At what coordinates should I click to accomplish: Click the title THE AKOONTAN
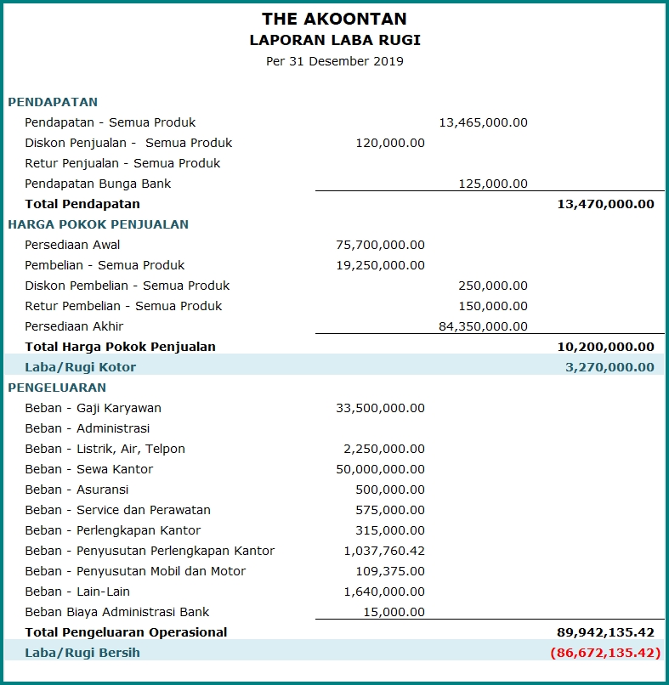(334, 19)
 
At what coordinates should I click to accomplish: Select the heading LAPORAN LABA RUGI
(335, 40)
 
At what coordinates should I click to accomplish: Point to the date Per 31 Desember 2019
(335, 61)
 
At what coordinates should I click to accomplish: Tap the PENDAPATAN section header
(53, 102)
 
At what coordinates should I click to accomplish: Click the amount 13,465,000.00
(483, 122)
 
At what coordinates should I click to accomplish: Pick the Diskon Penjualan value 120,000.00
(390, 143)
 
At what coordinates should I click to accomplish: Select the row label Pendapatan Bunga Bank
(98, 184)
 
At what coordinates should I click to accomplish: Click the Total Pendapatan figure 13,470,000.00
(605, 204)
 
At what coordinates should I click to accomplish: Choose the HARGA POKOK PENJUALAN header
(99, 224)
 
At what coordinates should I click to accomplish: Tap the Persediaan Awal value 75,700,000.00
(380, 245)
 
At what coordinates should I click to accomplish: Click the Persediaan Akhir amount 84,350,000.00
(483, 326)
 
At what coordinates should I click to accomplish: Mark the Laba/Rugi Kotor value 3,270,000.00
(609, 367)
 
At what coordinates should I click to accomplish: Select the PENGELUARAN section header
(57, 388)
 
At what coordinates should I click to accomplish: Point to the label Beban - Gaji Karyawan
(93, 408)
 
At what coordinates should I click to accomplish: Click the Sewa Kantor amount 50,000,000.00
(380, 469)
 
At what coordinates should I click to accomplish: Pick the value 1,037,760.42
(384, 551)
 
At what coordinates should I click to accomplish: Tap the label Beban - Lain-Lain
(77, 592)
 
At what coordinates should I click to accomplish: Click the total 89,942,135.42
(605, 632)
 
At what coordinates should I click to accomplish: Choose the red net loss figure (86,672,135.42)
(605, 653)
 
